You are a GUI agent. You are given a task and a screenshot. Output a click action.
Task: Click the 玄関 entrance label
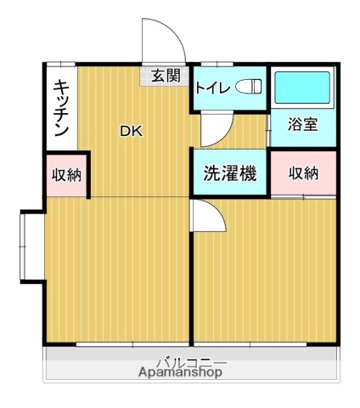(x=166, y=76)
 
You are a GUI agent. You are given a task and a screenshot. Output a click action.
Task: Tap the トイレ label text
(x=212, y=88)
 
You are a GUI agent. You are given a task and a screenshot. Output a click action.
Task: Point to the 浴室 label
(x=303, y=124)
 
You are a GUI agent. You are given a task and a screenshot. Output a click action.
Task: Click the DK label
(x=131, y=131)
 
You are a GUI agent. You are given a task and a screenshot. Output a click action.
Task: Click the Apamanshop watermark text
(x=181, y=371)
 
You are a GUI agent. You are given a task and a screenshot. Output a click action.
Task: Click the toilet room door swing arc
(x=217, y=131)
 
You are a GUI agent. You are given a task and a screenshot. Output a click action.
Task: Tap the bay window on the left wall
(x=31, y=246)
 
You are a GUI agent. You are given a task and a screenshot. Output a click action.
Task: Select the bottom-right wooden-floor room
(x=265, y=272)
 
